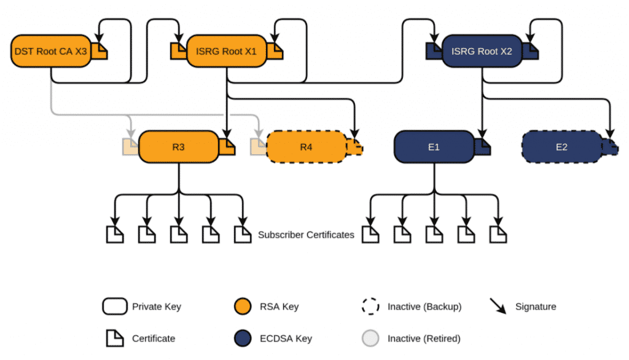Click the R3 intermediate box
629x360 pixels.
[x=179, y=147]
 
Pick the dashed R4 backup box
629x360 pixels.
[x=306, y=147]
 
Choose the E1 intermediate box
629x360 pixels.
[x=434, y=147]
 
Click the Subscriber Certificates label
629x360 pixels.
[x=306, y=235]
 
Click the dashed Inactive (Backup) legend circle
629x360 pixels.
[x=372, y=306]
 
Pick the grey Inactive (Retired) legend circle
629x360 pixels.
[x=372, y=338]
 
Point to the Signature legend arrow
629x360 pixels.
[x=498, y=307]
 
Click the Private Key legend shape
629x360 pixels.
[x=115, y=306]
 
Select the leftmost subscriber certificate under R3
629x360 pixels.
[x=114, y=234]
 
